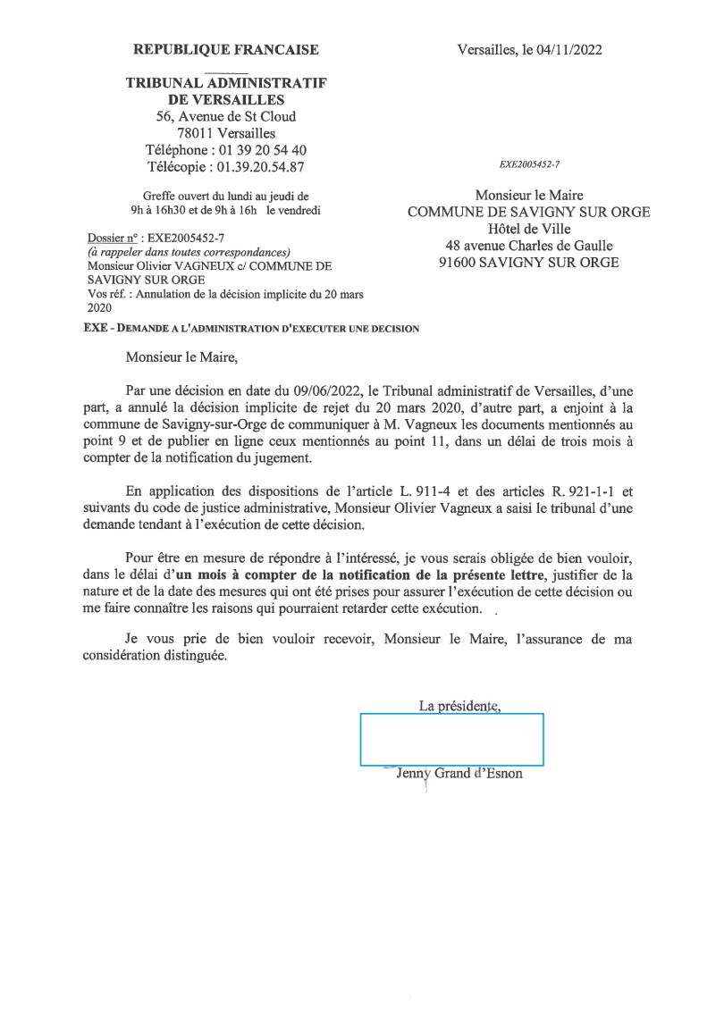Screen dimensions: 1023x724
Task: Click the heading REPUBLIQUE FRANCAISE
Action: (225, 49)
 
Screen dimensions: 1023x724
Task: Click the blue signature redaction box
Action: (451, 739)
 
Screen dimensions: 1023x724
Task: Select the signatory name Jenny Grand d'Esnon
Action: (459, 774)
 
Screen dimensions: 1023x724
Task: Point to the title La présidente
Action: (459, 706)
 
